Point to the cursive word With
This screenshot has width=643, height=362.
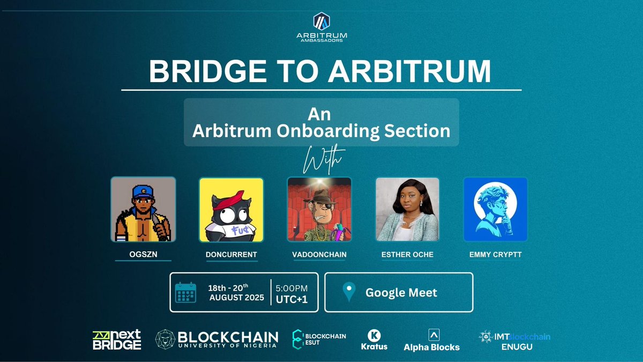pos(321,159)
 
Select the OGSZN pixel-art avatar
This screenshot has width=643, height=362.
pos(143,209)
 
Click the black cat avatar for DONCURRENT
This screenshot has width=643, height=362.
pos(231,209)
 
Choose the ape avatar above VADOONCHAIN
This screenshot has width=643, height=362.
pos(319,209)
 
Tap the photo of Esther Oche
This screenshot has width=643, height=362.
pos(407,209)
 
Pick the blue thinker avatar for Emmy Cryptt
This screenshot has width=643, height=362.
pos(495,209)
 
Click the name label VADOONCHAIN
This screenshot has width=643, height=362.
pos(319,254)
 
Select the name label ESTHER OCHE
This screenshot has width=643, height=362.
pos(407,254)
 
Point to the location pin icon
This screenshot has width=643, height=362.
pos(349,293)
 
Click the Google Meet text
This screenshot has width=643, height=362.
pos(401,293)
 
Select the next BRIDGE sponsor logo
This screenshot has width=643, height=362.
pos(116,339)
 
